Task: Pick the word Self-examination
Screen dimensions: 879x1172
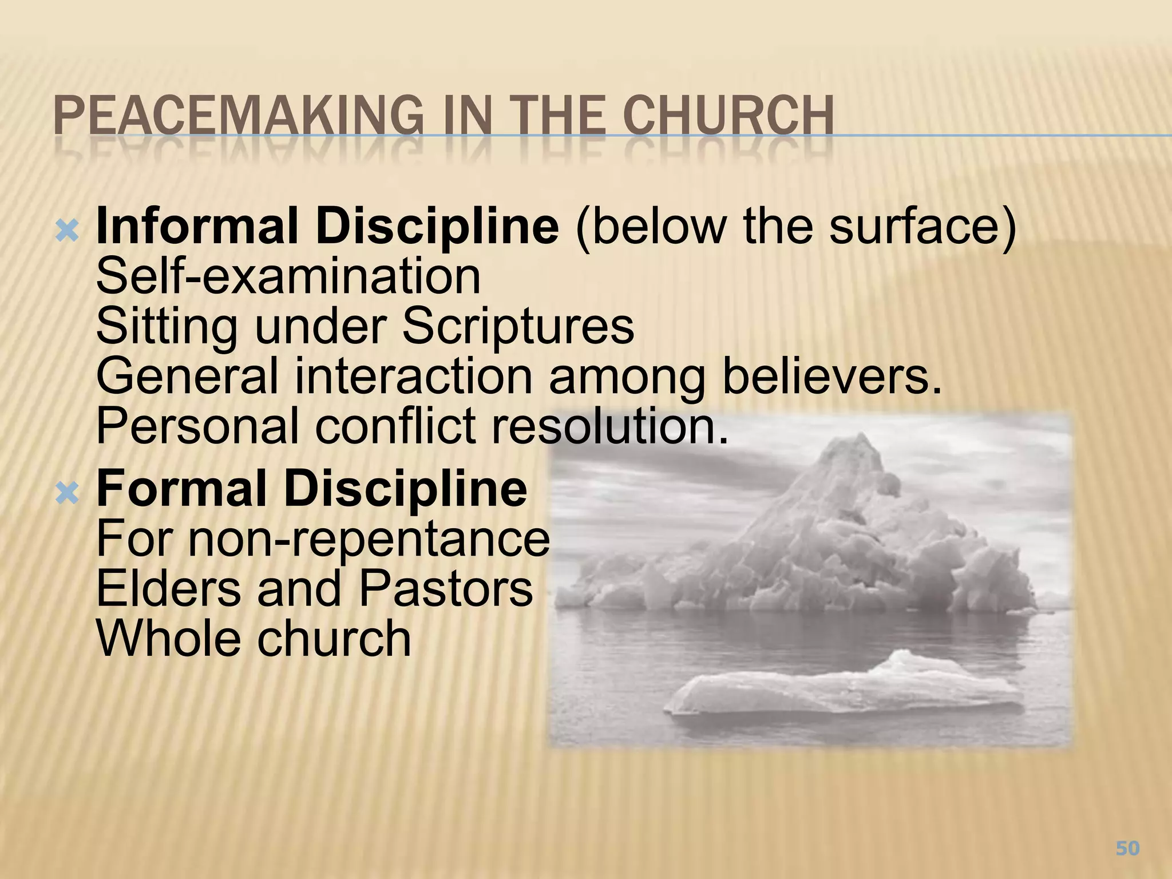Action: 288,277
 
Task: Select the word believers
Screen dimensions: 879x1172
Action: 832,377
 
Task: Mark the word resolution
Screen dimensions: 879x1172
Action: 610,426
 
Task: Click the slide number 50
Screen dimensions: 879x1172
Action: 1127,848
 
